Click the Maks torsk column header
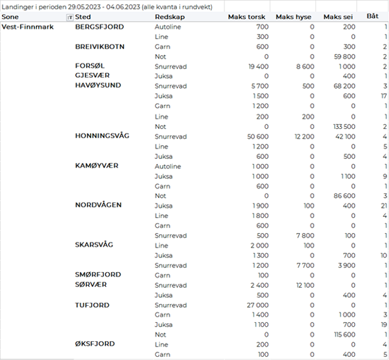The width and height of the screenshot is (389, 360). pyautogui.click(x=248, y=16)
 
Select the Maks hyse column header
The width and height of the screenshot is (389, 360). pyautogui.click(x=294, y=16)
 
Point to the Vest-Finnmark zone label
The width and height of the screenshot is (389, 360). pyautogui.click(x=28, y=27)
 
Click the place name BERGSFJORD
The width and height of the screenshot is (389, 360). pyautogui.click(x=99, y=27)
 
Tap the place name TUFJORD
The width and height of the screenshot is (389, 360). pyautogui.click(x=92, y=305)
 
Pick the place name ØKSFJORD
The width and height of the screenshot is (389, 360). pyautogui.click(x=96, y=344)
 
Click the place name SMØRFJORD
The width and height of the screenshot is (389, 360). pyautogui.click(x=98, y=275)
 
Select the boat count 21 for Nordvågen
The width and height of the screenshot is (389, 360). pyautogui.click(x=383, y=205)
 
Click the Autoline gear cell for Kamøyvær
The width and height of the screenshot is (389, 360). pyautogui.click(x=168, y=166)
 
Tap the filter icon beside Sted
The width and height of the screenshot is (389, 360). pyautogui.click(x=69, y=16)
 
